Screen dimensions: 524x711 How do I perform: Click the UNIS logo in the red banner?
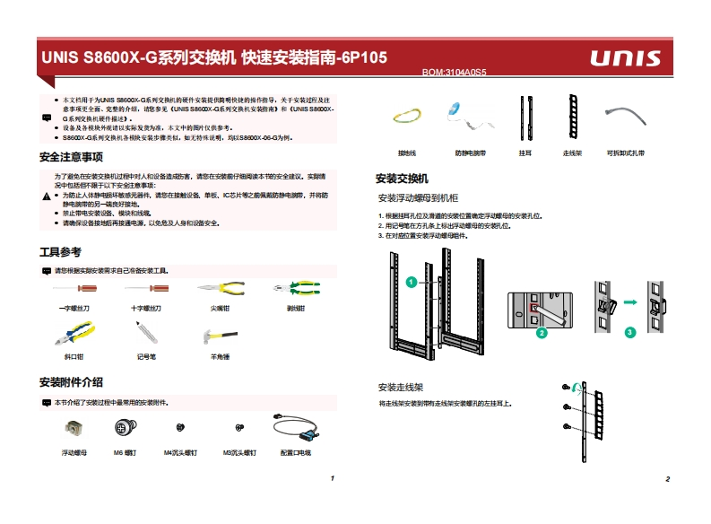pos(625,59)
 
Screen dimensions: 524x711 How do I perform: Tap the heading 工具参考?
pos(60,252)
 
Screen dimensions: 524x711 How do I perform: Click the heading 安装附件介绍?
pos(71,382)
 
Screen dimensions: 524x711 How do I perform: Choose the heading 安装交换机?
pos(401,179)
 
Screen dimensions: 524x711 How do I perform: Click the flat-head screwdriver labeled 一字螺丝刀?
pos(74,289)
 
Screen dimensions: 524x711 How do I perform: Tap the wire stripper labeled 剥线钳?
pos(294,289)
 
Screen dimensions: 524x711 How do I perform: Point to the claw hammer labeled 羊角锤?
pos(220,336)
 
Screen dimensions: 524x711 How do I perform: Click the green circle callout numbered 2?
pos(542,333)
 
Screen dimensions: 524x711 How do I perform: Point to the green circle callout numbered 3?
pos(630,332)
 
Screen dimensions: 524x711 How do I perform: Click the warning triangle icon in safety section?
pos(47,196)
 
